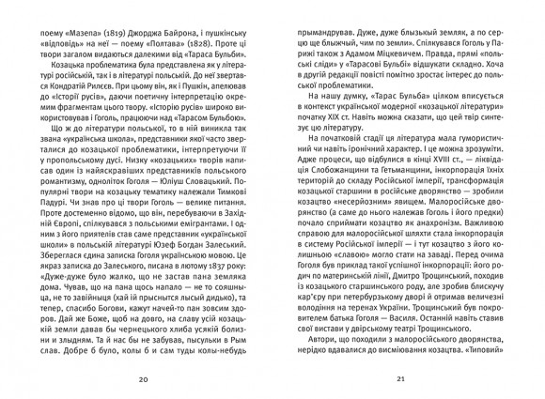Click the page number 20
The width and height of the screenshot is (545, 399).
pos(144,379)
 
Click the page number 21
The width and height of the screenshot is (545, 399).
pos(400,379)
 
